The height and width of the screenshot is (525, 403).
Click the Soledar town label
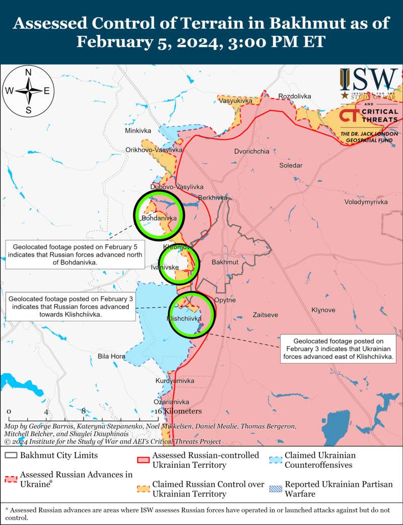coord(291,165)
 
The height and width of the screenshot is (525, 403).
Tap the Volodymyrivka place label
coord(366,202)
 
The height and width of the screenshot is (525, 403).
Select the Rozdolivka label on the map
coord(295,96)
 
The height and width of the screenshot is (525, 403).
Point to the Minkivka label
coord(138,131)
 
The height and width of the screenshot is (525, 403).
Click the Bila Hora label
coord(111,357)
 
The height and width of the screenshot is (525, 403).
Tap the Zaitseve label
coord(265,315)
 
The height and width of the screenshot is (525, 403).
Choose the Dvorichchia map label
coord(252,151)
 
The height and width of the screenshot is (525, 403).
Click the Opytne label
coord(225,300)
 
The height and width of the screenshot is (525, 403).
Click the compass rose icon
coord(29,91)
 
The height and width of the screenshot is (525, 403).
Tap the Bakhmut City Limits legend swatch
coord(10,455)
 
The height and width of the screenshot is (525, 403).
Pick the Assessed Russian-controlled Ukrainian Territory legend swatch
coord(143,460)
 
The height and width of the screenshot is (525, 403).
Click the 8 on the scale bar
coord(84,411)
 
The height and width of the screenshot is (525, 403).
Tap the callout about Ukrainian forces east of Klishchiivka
coord(339,349)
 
